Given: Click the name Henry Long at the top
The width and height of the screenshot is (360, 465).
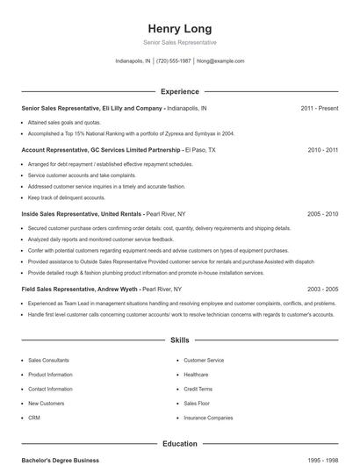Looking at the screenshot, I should click(x=180, y=28).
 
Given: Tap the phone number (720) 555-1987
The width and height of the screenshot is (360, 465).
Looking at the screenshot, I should click(x=173, y=61).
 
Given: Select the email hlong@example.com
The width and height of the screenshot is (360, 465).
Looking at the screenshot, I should click(x=220, y=61).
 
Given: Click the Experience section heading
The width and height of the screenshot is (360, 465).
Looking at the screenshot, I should click(x=180, y=91).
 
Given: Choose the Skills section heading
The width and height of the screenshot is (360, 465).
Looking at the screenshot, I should click(x=180, y=340).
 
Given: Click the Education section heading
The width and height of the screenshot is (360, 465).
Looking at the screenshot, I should click(x=180, y=444).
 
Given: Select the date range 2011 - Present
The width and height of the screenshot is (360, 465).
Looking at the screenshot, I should click(x=319, y=108).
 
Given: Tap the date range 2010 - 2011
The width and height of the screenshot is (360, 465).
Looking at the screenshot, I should click(x=322, y=150).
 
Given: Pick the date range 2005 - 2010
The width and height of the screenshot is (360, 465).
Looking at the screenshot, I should click(x=322, y=213).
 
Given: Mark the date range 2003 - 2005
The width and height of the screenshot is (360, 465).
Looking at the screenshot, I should click(x=322, y=289).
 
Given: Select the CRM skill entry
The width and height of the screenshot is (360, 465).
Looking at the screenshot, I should click(x=34, y=418).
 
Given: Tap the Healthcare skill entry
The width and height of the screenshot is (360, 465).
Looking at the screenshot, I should click(x=196, y=375).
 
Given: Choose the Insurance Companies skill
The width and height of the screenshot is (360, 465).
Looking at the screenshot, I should click(x=208, y=418).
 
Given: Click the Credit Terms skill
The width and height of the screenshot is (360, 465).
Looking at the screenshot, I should click(x=198, y=389).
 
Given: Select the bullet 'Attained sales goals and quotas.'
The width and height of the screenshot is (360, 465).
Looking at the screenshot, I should click(x=64, y=123).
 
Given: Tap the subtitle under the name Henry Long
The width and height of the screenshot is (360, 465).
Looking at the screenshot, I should click(x=180, y=42).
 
